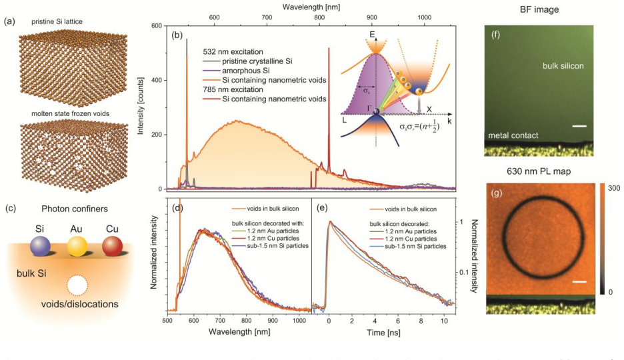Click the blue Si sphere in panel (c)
(x=40, y=246)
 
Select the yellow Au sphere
(x=77, y=247)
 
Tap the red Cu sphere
(x=112, y=246)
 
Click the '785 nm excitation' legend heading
(x=233, y=89)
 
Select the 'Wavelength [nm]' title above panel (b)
(x=311, y=7)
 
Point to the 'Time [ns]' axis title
(x=383, y=333)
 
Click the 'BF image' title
(x=539, y=9)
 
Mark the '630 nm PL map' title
(x=539, y=171)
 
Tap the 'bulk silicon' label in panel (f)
(x=563, y=66)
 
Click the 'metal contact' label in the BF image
(x=513, y=135)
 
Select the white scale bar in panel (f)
(x=580, y=126)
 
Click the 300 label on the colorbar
(x=614, y=188)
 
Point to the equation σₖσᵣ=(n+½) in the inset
(x=419, y=127)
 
